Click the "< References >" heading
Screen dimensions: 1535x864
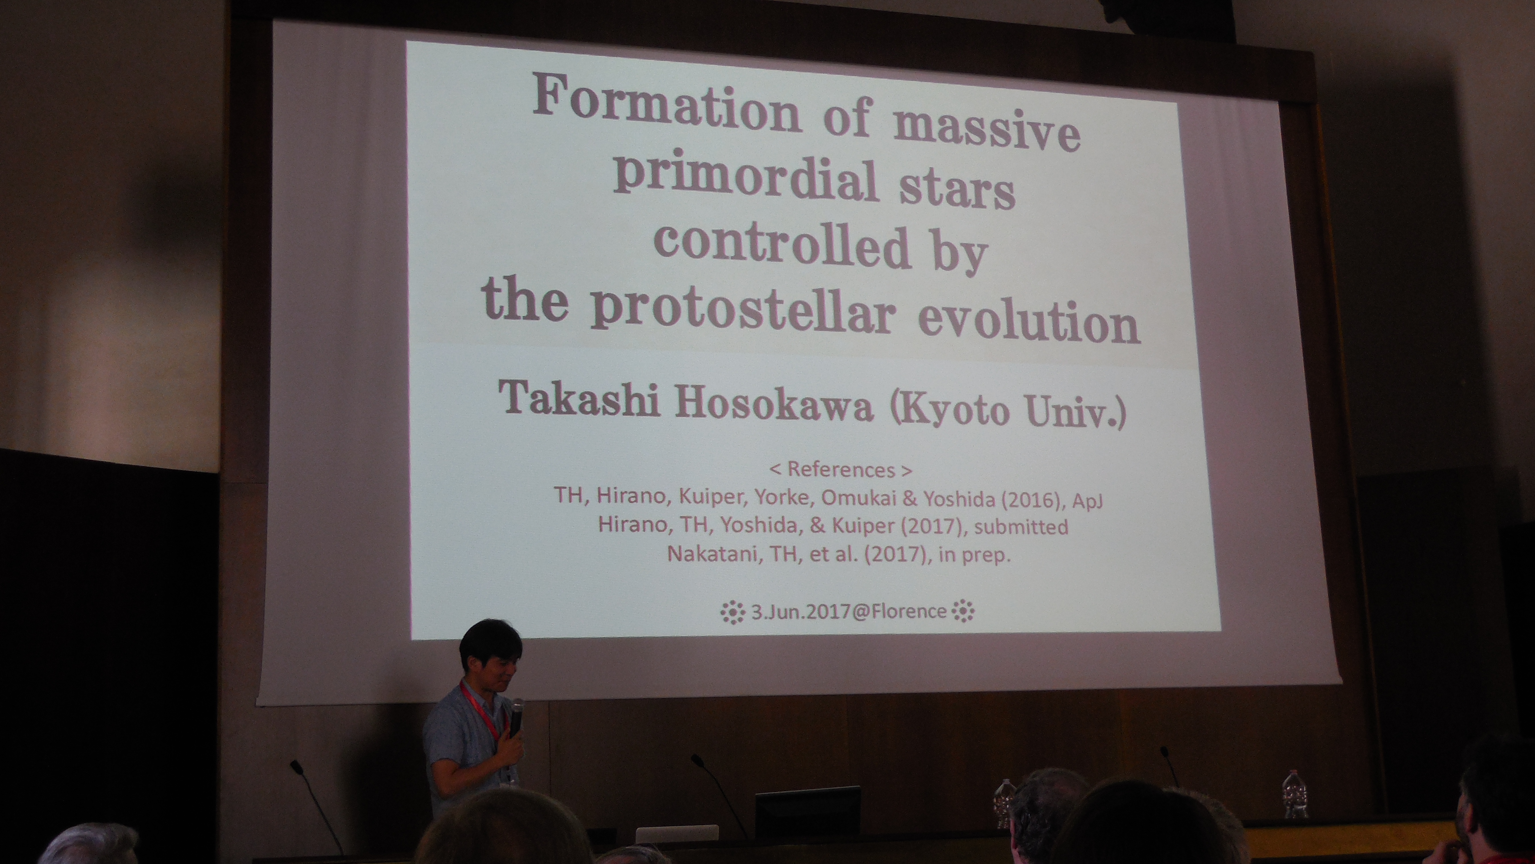click(x=840, y=470)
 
